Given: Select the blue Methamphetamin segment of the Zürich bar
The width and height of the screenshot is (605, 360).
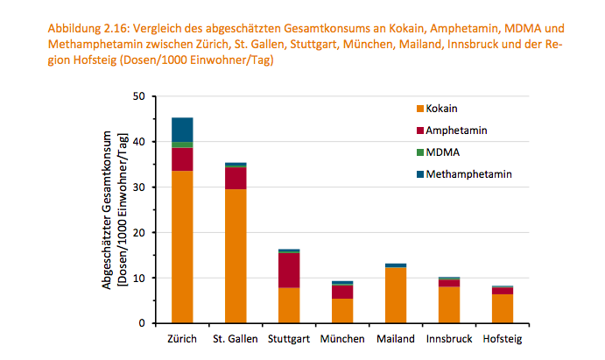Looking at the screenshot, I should click(182, 130).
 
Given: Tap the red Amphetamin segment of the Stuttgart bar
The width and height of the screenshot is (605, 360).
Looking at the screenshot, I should click(289, 271).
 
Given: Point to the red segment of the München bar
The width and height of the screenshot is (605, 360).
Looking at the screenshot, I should click(342, 292).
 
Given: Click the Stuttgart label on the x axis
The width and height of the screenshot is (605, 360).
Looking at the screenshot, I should click(289, 339).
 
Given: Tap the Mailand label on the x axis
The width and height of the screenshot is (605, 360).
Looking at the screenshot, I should click(396, 339).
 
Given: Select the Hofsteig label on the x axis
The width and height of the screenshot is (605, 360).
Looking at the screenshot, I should click(503, 339).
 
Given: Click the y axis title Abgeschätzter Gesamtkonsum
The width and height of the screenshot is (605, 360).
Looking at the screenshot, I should click(107, 210).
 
